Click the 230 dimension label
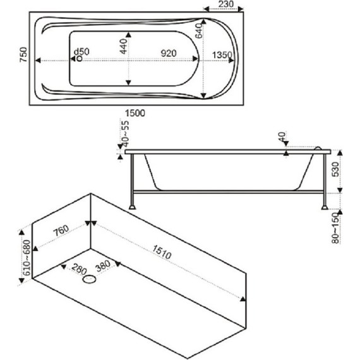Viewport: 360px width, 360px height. pyautogui.click(x=225, y=4)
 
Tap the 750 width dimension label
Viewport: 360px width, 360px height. pyautogui.click(x=23, y=55)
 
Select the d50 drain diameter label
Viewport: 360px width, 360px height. pyautogui.click(x=81, y=52)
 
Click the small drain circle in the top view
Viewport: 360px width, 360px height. pyautogui.click(x=79, y=59)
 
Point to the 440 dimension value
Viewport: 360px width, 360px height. pyautogui.click(x=123, y=46)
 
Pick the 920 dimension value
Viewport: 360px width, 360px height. pyautogui.click(x=169, y=53)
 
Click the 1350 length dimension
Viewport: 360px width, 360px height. pyautogui.click(x=222, y=55)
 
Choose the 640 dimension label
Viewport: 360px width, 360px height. pyautogui.click(x=198, y=31)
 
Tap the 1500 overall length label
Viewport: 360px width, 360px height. pyautogui.click(x=135, y=113)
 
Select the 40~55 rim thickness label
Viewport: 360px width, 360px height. pyautogui.click(x=126, y=134)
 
